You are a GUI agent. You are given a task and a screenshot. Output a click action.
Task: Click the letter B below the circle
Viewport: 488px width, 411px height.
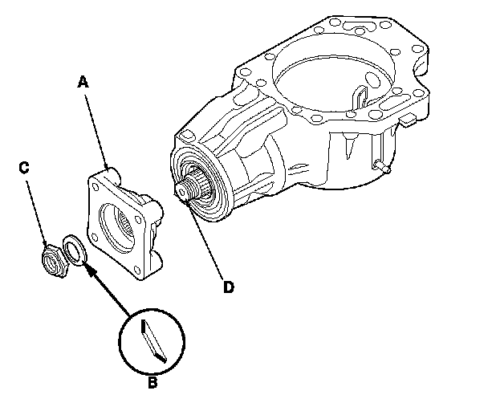click(x=152, y=383)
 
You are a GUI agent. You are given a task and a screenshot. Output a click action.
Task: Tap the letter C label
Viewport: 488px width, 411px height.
click(x=24, y=167)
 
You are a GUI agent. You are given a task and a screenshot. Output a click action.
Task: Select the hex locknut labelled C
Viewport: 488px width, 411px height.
click(x=52, y=258)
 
